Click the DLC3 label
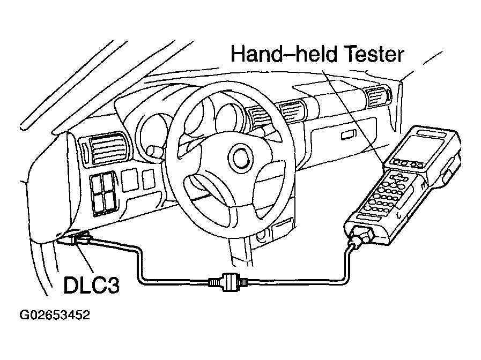click(91, 285)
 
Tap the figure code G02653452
click(55, 315)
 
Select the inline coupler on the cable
click(227, 281)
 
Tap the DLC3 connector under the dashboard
click(79, 238)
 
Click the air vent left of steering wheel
click(107, 148)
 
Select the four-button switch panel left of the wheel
click(103, 193)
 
